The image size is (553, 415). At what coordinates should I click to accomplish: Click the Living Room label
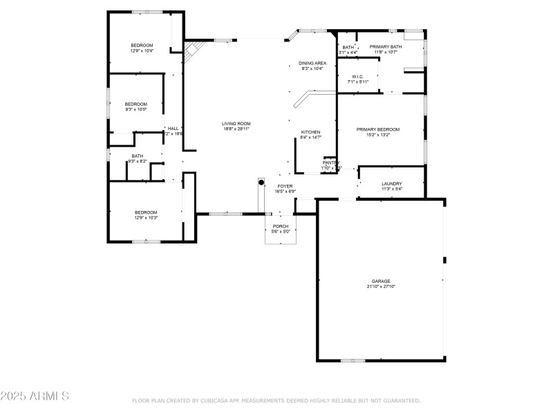[x=236, y=123]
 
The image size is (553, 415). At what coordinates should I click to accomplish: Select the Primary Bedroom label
[x=378, y=129]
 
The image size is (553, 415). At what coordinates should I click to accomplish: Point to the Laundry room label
[x=392, y=184]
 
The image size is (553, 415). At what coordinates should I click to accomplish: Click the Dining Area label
[x=312, y=63]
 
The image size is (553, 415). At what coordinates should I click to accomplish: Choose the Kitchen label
[x=310, y=132]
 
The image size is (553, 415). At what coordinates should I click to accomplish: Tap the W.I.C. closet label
[x=357, y=77]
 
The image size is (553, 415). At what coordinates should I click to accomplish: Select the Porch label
[x=281, y=226]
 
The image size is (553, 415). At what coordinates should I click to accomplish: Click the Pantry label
[x=331, y=163]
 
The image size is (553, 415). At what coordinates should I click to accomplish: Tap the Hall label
[x=173, y=128]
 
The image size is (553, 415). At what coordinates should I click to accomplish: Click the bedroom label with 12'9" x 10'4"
[x=142, y=45]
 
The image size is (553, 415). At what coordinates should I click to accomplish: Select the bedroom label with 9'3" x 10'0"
[x=135, y=104]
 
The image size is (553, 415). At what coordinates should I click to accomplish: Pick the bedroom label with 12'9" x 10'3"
[x=146, y=212]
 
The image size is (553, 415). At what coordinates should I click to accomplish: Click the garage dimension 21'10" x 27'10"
[x=381, y=286]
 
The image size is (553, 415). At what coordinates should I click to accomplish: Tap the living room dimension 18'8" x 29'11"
[x=236, y=129]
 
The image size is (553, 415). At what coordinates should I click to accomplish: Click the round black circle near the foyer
[x=261, y=182]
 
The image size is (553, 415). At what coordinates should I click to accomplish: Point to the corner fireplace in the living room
[x=193, y=50]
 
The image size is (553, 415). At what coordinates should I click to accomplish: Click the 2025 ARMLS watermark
[x=35, y=396]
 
